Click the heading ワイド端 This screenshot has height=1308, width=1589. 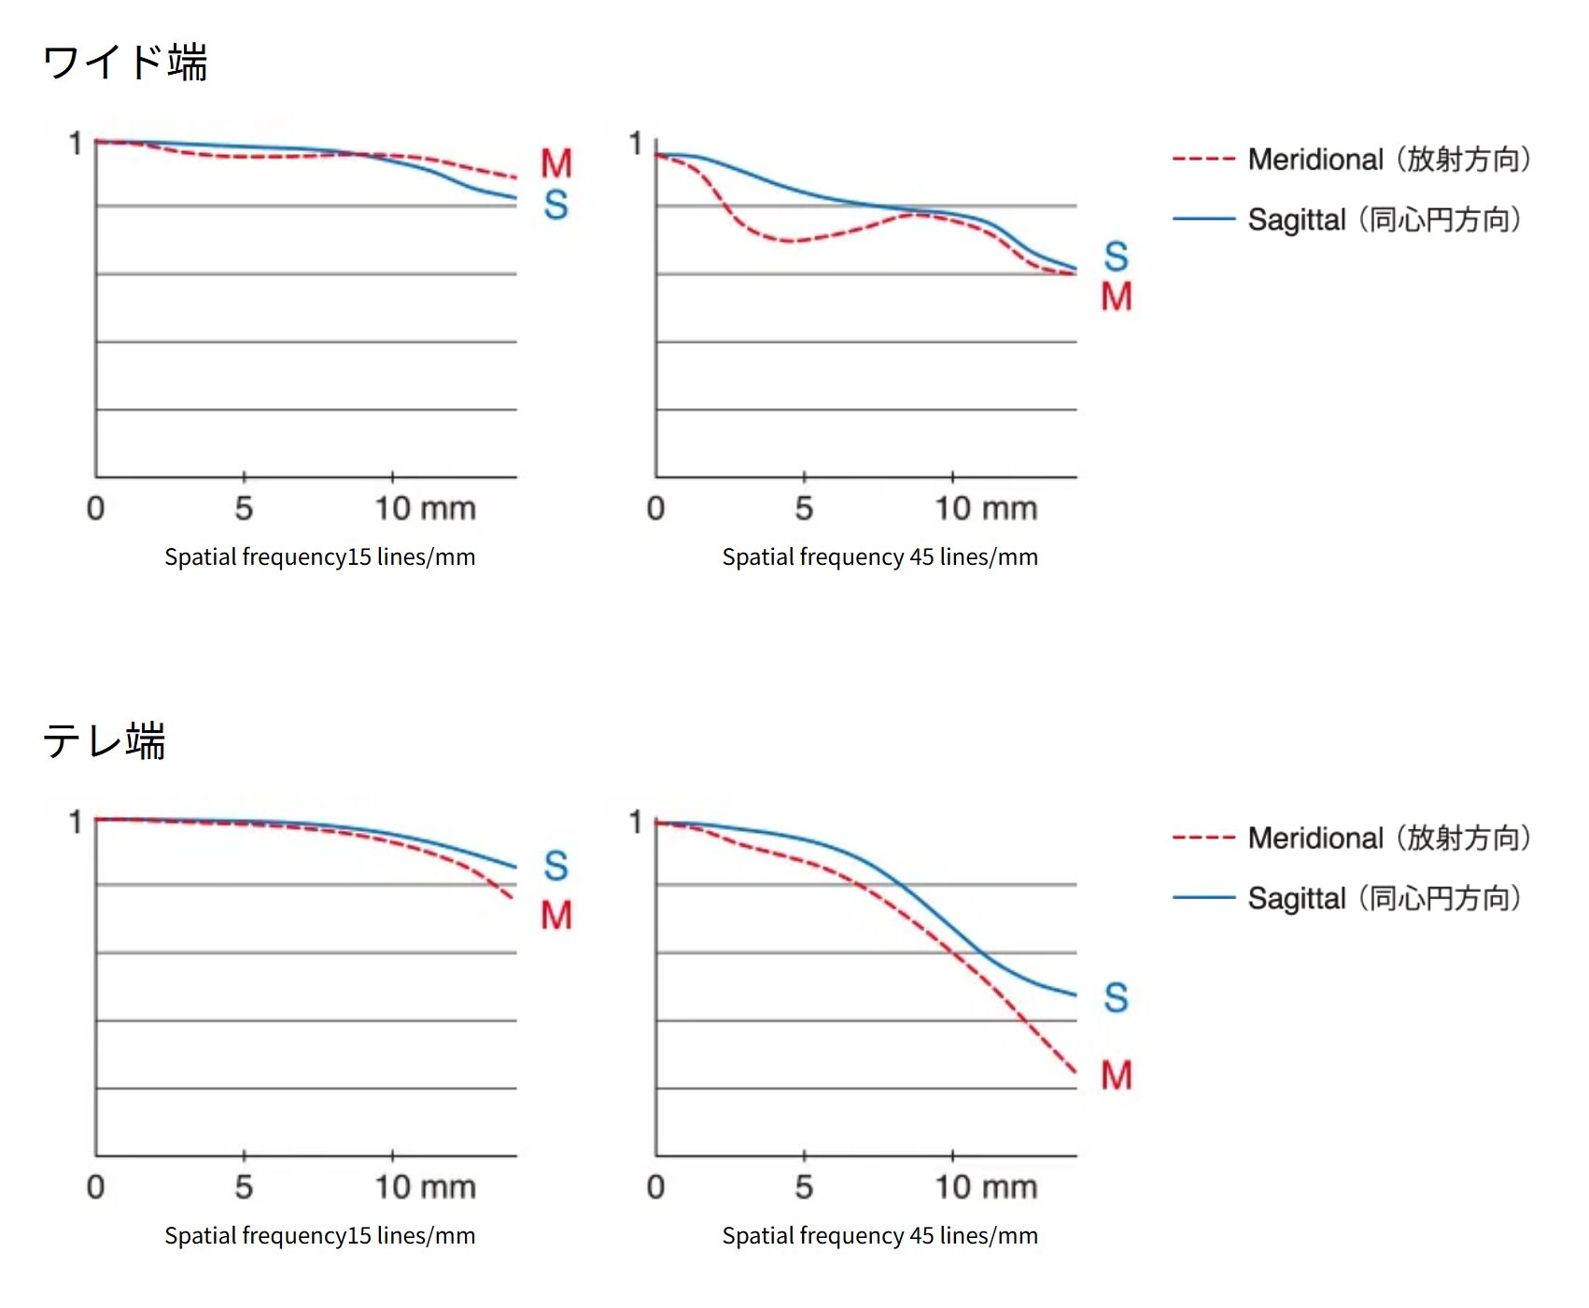click(125, 63)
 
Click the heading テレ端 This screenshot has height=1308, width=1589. click(105, 741)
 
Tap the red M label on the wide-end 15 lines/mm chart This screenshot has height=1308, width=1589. click(556, 164)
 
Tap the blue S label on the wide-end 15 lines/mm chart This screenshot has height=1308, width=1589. click(556, 204)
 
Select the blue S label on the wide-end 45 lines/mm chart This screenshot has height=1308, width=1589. click(1117, 256)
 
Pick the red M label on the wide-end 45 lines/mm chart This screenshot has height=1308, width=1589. click(1117, 297)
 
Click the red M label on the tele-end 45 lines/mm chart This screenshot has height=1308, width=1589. click(1117, 1076)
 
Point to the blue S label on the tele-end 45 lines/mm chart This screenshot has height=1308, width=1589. click(1117, 997)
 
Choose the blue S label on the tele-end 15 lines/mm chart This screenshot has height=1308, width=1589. click(556, 865)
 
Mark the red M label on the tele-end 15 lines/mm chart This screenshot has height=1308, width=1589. click(556, 915)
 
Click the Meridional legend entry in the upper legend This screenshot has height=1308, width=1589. click(1352, 160)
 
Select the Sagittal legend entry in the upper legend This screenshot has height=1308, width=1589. click(1347, 219)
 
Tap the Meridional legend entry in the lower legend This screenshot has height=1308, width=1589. click(1352, 838)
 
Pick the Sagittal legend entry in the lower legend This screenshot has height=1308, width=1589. click(1347, 898)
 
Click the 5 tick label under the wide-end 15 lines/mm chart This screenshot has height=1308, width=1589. click(244, 509)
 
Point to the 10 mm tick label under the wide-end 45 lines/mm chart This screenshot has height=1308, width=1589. click(986, 509)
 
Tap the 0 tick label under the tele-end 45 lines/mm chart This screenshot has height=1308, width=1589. click(655, 1188)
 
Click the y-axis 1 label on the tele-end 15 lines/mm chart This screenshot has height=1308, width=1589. click(76, 823)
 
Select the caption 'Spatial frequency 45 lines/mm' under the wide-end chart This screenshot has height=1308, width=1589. click(879, 557)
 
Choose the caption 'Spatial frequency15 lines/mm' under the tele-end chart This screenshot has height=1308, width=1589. click(319, 1236)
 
